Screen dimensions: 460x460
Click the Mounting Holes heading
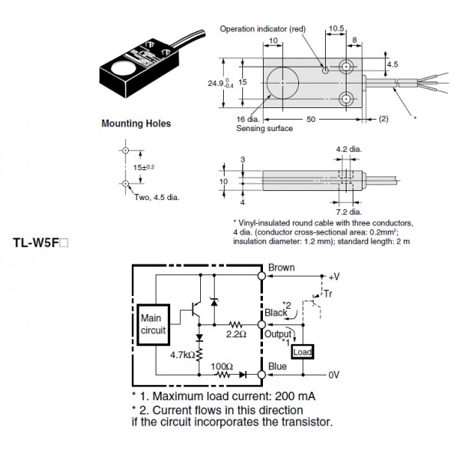136,123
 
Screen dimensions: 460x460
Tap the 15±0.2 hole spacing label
143,166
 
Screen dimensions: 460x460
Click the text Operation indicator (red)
262,28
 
